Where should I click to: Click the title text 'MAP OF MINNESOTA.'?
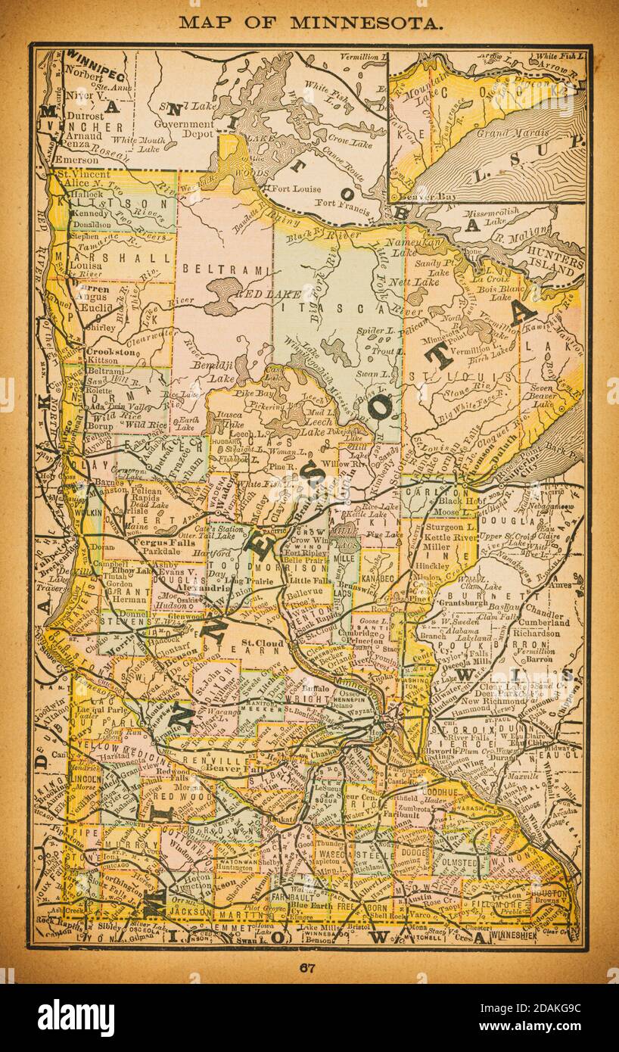(x=310, y=23)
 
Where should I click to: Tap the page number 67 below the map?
(x=306, y=967)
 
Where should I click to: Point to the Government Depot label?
(x=184, y=129)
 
